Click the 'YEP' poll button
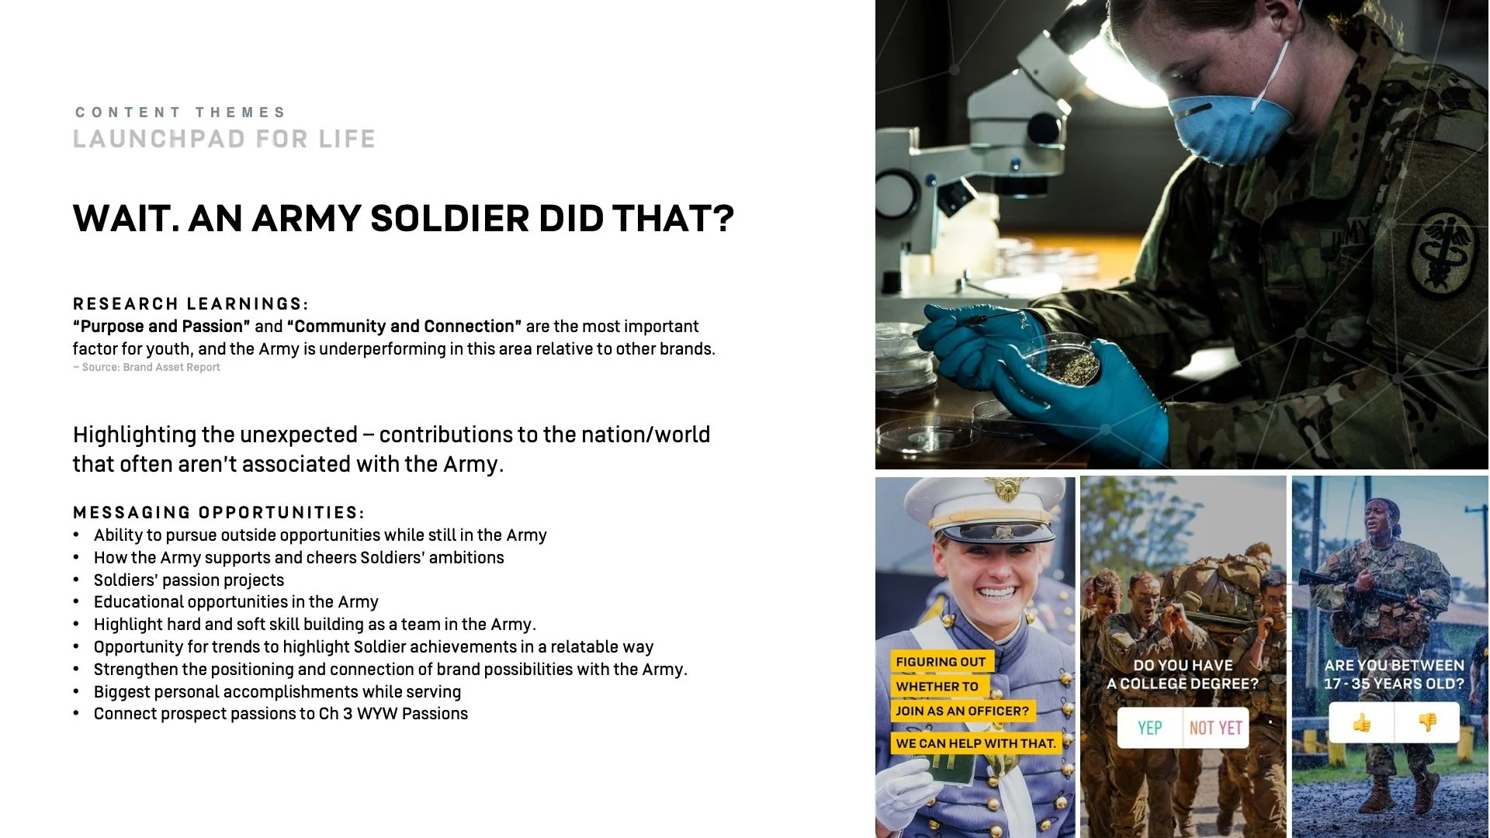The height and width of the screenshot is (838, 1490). [x=1150, y=728]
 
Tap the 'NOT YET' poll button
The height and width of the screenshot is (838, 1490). [x=1215, y=728]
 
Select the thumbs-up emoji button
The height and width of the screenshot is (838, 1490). [x=1361, y=723]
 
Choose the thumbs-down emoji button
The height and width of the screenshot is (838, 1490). [x=1427, y=723]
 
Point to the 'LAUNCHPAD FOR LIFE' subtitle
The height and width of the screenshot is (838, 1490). [x=224, y=139]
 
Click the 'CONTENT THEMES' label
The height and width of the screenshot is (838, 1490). [x=181, y=113]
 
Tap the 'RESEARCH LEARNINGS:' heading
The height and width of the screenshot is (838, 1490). [x=191, y=303]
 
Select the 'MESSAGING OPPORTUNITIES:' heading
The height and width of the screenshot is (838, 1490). [x=219, y=512]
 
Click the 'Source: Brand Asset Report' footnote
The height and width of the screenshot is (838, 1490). [x=151, y=367]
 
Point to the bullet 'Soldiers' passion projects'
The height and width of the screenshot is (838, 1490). [x=189, y=580]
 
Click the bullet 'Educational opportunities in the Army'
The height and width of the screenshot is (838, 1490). [x=236, y=601]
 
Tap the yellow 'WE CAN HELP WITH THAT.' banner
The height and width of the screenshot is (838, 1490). [x=975, y=743]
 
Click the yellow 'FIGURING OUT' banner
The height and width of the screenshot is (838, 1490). [x=941, y=661]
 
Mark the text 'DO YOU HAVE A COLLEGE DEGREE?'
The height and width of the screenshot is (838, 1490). [x=1183, y=674]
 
